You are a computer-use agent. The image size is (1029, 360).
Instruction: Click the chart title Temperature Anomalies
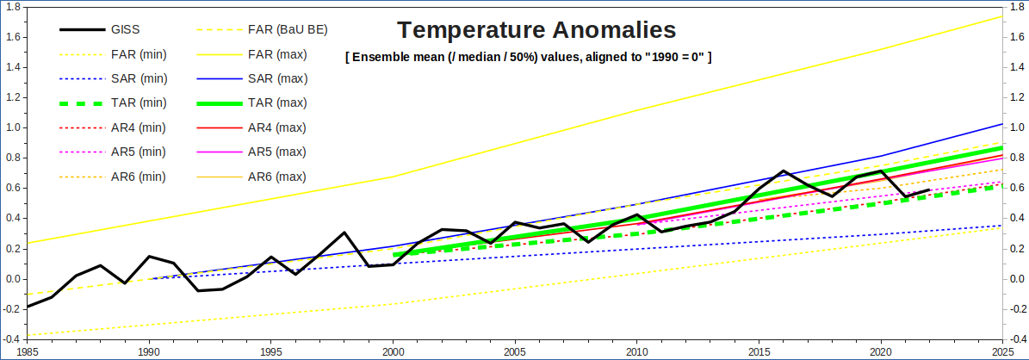pos(536,30)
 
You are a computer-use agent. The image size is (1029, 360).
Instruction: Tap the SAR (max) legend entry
pos(277,78)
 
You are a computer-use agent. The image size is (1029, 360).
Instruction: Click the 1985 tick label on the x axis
pos(28,352)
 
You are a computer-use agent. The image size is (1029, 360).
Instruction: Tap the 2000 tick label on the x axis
pos(393,352)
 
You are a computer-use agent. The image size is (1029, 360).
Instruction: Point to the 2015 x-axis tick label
pos(759,352)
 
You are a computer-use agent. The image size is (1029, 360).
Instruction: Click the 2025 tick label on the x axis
pos(1001,352)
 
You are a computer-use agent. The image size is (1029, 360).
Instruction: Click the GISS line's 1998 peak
pos(344,233)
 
